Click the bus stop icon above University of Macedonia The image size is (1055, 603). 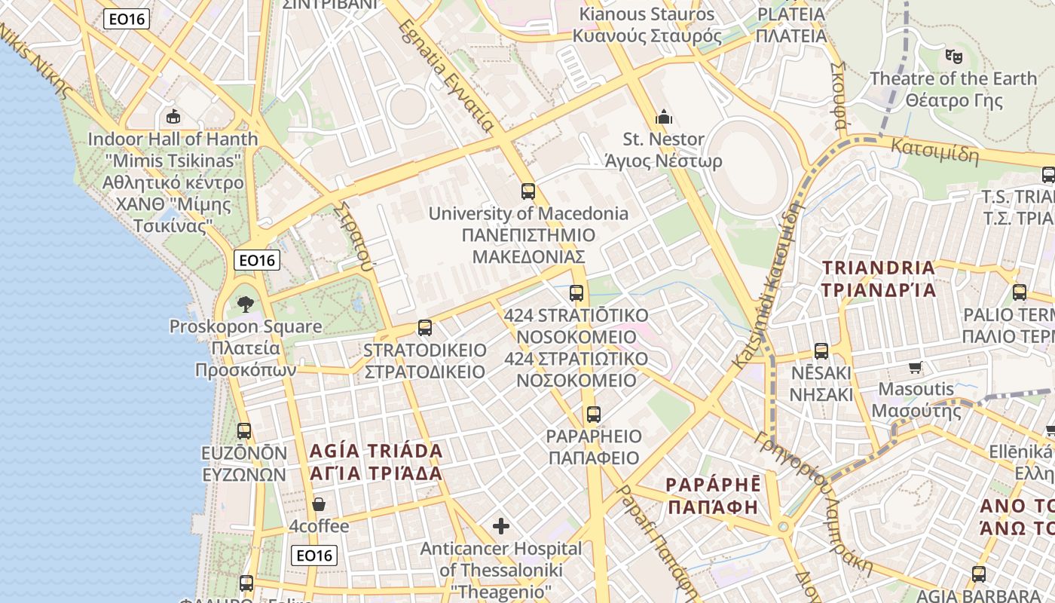[x=527, y=191]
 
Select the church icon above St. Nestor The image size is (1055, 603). [x=664, y=117]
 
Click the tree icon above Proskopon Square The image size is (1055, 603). [x=245, y=305]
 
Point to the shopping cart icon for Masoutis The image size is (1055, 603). [x=916, y=368]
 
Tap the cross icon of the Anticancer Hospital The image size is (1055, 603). [x=501, y=525]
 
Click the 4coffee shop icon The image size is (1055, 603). [x=319, y=504]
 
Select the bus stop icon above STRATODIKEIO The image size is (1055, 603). [x=425, y=328]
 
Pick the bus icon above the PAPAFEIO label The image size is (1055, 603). [x=594, y=414]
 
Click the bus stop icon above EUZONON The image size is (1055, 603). [x=244, y=430]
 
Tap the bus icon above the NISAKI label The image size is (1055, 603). [x=821, y=350]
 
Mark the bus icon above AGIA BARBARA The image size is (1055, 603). [x=979, y=574]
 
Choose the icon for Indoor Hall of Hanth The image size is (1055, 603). [x=173, y=116]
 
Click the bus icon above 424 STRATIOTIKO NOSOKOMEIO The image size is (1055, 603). [x=576, y=293]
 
